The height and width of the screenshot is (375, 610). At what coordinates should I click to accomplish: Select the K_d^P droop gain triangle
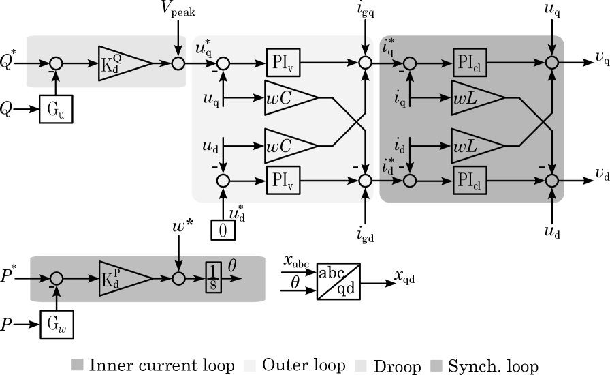(x=122, y=278)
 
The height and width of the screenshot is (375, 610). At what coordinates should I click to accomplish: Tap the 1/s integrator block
(x=214, y=278)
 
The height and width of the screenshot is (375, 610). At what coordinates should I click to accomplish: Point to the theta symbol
(x=232, y=265)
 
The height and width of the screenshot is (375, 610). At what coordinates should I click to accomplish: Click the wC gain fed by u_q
(x=289, y=99)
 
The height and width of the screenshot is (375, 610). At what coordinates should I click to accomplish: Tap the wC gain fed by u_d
(x=289, y=145)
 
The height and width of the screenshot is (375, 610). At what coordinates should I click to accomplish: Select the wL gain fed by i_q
(x=475, y=99)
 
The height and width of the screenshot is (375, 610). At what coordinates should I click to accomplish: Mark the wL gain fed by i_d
(x=475, y=145)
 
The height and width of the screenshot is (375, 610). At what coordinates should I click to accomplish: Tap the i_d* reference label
(x=389, y=166)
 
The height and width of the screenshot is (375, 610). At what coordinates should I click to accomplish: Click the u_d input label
(x=210, y=145)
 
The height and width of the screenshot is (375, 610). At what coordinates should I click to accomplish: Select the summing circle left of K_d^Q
(x=56, y=63)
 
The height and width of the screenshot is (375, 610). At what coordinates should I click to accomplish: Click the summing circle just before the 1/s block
(x=178, y=278)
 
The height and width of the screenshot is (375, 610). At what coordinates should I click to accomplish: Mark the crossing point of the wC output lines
(x=356, y=121)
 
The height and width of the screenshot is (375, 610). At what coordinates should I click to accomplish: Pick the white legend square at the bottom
(x=361, y=365)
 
